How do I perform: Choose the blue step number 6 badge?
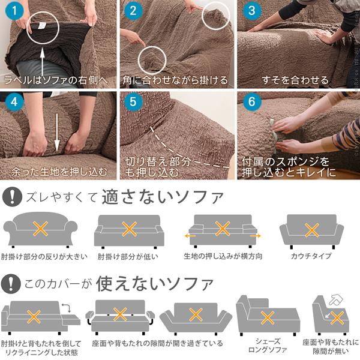(251, 101)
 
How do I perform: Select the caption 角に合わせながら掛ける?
(175, 79)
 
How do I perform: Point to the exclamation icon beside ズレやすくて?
(11, 196)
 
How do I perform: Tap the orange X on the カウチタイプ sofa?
(311, 229)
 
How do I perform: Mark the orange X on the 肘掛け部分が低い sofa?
(130, 229)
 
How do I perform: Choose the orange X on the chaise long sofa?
(268, 317)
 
